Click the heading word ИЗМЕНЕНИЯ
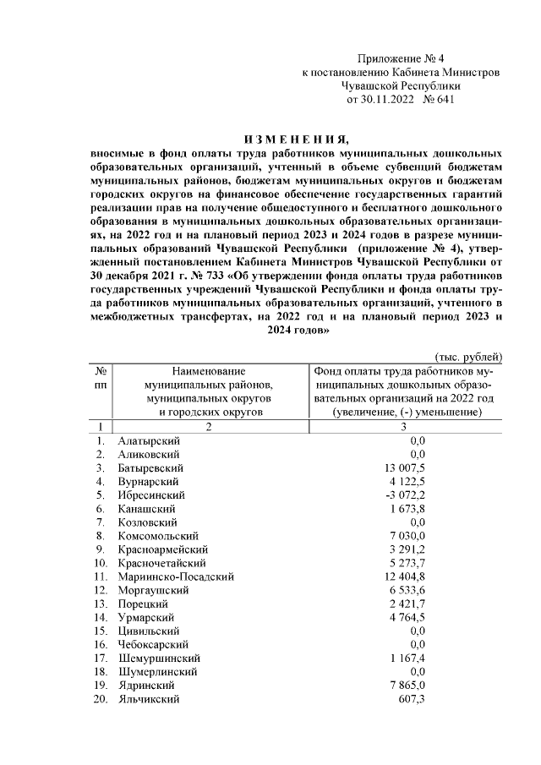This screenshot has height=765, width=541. [x=296, y=139]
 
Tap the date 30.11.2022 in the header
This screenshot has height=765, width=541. [x=381, y=99]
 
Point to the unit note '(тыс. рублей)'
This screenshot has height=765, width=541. [x=468, y=357]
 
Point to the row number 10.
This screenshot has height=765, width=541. [x=100, y=563]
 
